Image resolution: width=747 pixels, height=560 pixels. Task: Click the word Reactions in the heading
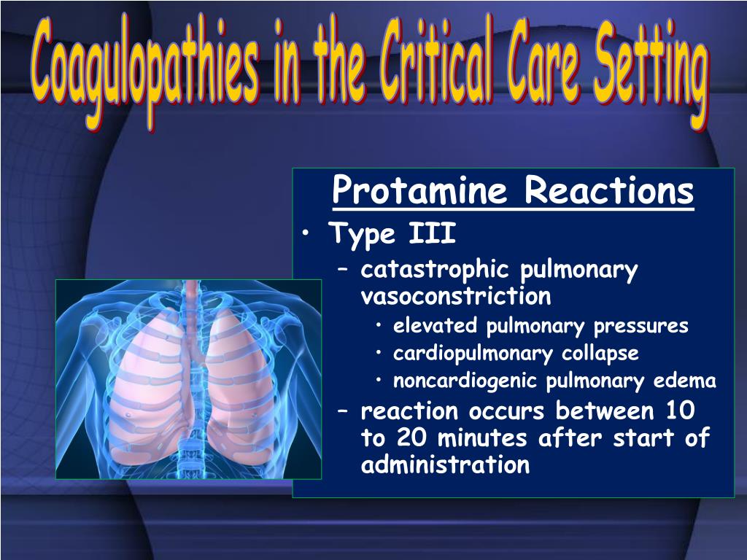609,192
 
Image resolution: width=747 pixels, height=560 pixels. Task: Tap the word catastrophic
436,271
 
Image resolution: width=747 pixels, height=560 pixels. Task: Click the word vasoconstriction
456,297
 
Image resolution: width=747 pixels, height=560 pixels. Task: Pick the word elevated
435,326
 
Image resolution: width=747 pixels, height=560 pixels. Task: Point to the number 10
679,411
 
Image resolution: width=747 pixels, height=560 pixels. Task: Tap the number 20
411,439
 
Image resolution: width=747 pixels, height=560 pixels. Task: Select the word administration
445,465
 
